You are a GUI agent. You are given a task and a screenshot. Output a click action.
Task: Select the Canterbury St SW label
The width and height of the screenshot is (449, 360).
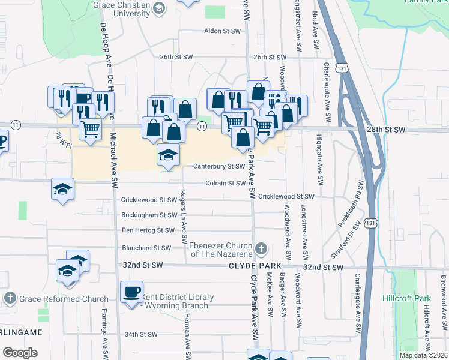[218, 167]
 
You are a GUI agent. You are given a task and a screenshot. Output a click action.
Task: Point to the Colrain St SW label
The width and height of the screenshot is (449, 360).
[226, 184]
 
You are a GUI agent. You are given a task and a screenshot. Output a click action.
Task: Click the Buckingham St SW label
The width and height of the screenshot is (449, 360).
[149, 215]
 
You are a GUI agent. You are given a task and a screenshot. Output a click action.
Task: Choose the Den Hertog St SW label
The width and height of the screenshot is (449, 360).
[148, 230]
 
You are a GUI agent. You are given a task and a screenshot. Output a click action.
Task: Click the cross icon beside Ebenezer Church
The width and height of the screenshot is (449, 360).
[261, 248]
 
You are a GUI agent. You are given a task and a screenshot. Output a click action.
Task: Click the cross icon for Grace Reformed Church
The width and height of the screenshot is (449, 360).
[10, 298]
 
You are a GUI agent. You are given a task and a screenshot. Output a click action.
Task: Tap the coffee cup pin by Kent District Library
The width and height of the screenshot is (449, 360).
[132, 292]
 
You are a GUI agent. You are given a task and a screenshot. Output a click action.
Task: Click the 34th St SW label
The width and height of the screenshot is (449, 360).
[140, 335]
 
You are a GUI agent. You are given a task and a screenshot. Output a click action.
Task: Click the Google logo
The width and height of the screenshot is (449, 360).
[20, 353]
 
